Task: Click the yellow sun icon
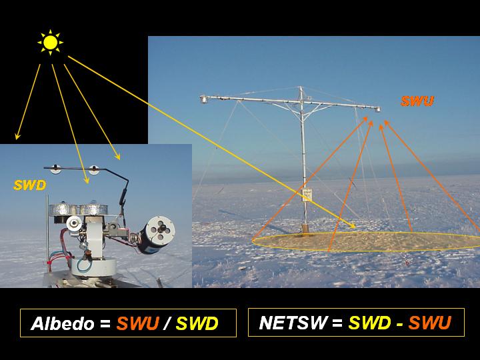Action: (50, 42)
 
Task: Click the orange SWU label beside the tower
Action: (417, 101)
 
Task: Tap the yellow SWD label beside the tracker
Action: (30, 185)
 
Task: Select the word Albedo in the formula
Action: (63, 323)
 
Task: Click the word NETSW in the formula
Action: (293, 323)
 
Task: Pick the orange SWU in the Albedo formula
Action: (138, 323)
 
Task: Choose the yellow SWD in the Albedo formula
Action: (197, 323)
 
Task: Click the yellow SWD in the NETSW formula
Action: (369, 323)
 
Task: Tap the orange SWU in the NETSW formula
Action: (430, 323)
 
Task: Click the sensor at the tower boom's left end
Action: (203, 99)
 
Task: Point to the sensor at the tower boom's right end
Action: (378, 109)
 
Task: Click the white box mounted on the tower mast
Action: (307, 195)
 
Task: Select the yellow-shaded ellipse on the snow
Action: (366, 241)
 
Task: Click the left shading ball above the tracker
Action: (56, 169)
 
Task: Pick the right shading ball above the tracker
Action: (94, 169)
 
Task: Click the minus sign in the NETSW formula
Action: (399, 323)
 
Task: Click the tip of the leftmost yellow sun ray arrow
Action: (17, 139)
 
